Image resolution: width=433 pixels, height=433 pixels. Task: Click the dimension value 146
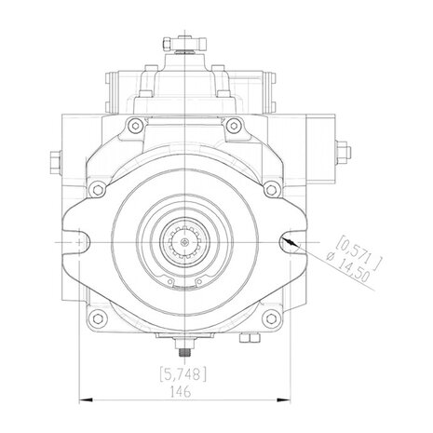[181, 392]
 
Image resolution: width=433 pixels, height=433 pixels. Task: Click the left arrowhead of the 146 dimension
[87, 400]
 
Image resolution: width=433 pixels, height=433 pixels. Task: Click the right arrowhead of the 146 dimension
[283, 400]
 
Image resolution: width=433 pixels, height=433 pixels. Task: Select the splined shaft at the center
[184, 242]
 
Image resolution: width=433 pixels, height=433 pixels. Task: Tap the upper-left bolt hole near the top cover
[135, 126]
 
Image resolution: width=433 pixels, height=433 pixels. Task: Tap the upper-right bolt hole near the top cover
[234, 126]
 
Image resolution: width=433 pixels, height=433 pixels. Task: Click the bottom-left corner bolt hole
[98, 318]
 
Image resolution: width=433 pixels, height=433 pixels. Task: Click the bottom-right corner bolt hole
[272, 318]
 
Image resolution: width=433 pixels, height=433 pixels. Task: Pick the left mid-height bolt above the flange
[98, 190]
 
